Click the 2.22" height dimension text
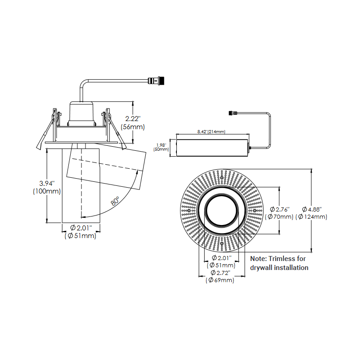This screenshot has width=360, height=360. [134, 118]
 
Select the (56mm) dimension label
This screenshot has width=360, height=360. [133, 127]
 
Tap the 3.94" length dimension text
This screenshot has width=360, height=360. [47, 183]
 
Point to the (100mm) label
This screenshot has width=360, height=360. [47, 191]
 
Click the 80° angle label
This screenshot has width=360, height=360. [116, 201]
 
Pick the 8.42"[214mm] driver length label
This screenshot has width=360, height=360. [211, 132]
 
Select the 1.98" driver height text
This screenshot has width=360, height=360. [161, 145]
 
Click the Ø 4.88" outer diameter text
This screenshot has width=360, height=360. [311, 209]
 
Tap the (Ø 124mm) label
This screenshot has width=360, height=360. [311, 217]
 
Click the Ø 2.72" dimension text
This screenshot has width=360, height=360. [220, 273]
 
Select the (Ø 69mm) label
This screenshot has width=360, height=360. [220, 281]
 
